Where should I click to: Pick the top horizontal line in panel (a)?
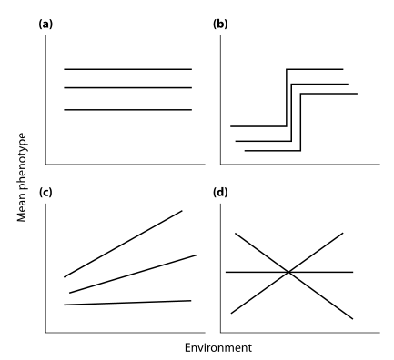127,69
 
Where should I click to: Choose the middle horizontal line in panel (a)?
127,88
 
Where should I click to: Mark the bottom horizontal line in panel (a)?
127,110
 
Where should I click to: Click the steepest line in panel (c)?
123,244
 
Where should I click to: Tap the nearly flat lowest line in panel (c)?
127,303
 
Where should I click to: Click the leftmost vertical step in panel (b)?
287,95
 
